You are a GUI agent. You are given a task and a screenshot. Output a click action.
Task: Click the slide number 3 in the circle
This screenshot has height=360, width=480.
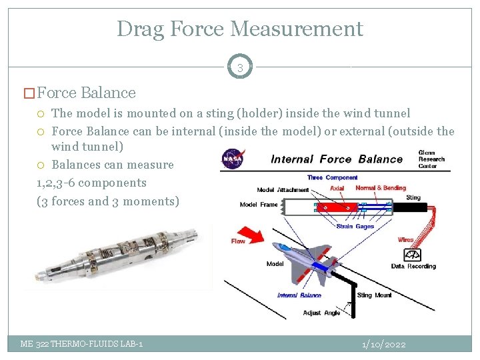coord(240,67)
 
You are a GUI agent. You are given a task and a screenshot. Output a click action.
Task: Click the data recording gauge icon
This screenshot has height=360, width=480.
coord(412,255)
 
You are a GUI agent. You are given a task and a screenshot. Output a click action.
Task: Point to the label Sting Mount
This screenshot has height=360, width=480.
coord(373,295)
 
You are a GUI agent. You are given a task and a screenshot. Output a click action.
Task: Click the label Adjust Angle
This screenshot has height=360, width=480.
coord(321,312)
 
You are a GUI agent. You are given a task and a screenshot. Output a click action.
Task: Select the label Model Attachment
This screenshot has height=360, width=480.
coord(283,190)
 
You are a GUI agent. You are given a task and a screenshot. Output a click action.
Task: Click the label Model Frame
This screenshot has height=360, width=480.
coord(259,205)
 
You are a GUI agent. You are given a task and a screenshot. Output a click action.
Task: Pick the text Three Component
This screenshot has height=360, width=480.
coord(332,177)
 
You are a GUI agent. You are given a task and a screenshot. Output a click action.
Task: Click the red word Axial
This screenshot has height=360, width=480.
coord(337,189)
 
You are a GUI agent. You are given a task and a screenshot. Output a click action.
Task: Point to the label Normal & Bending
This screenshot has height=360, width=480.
coord(380,188)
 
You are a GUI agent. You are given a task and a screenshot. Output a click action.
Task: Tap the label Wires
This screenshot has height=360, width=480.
coord(405,239)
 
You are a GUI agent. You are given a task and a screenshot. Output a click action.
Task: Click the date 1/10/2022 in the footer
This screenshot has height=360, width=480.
coord(383,344)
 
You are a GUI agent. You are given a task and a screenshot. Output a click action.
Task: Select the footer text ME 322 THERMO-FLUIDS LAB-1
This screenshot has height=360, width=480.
coord(81,344)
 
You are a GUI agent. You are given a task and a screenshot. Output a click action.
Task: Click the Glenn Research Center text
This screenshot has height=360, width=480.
coord(431,159)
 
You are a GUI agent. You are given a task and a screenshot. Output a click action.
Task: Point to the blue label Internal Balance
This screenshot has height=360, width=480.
coord(299,295)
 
